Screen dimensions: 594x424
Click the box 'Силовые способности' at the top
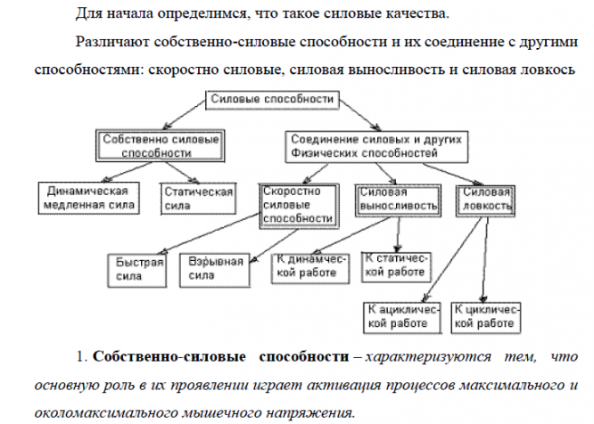272,100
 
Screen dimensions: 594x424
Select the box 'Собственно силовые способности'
161,146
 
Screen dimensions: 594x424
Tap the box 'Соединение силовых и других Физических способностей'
376,147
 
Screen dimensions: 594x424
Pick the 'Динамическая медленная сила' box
88,199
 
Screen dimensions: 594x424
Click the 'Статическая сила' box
199,199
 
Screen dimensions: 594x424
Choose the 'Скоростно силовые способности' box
299,206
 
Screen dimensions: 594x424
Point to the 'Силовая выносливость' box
398,200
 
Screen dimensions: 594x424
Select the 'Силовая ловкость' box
485,200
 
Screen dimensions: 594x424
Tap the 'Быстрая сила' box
136,271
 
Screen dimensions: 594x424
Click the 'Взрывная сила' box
215,270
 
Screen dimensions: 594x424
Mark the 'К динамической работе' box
310,268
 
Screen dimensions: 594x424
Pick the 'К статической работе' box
396,267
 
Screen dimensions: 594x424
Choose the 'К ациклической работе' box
402,318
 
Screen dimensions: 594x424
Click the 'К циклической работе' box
486,318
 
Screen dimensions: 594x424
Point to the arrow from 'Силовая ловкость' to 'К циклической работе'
485,259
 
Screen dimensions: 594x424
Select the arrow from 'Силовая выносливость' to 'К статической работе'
398,234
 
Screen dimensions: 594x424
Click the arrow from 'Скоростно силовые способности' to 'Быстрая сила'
211,233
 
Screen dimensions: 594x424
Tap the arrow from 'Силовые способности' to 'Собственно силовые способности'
185,115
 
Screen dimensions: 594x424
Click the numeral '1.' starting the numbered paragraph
82,357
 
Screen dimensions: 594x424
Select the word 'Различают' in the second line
113,42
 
